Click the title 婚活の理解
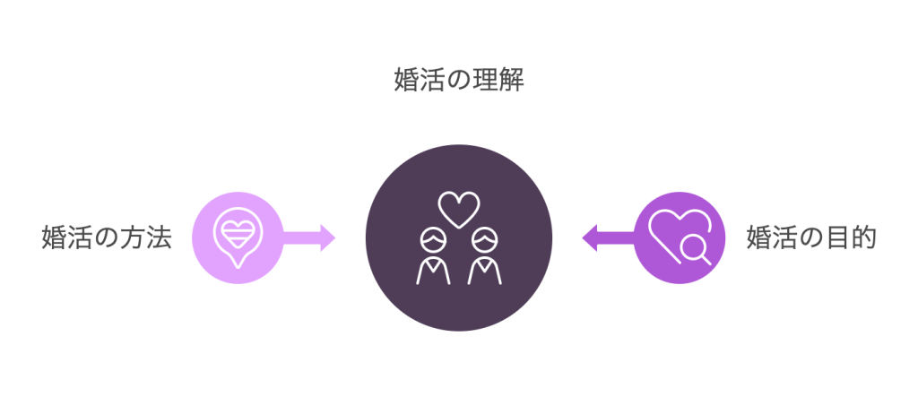[x=459, y=80]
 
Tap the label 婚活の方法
[x=107, y=237]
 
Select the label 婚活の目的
[x=811, y=237]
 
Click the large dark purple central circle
[x=459, y=237]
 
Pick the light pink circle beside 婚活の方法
[x=238, y=237]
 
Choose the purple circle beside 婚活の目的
[x=680, y=237]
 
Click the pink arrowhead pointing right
[x=327, y=237]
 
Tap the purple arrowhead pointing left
[x=590, y=237]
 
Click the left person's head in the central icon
[x=433, y=240]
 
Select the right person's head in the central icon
[x=485, y=240]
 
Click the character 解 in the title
[x=512, y=80]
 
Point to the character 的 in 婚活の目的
[x=864, y=237]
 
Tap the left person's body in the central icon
[x=433, y=272]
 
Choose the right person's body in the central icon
[x=485, y=272]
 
